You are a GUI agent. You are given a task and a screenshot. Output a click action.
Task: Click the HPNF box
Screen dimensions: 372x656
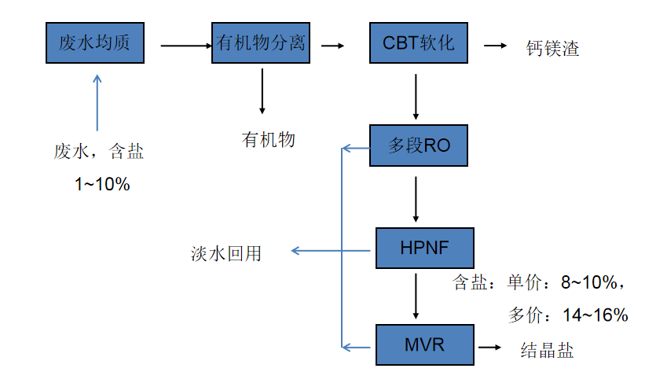click(x=425, y=249)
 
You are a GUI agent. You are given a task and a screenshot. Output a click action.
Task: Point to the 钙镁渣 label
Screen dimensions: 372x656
click(x=553, y=49)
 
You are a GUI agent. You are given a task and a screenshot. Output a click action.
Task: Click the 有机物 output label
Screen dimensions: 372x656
click(x=269, y=140)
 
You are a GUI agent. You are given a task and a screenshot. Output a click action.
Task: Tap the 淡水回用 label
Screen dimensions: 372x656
click(x=225, y=253)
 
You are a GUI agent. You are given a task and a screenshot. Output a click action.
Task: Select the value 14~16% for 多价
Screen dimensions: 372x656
click(x=595, y=315)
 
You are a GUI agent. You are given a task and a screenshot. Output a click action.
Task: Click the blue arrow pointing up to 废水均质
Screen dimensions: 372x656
click(x=97, y=102)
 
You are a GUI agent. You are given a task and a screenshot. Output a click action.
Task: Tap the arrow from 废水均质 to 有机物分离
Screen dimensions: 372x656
click(x=185, y=46)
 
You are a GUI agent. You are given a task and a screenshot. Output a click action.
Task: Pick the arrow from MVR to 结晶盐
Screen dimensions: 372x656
click(x=489, y=347)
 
